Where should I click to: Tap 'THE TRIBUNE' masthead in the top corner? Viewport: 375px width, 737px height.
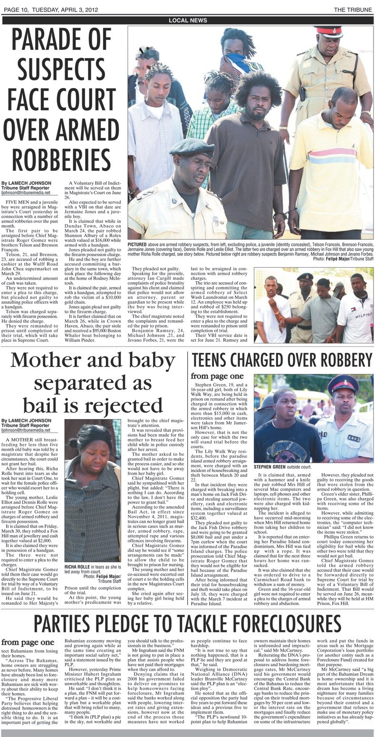[x=352, y=9]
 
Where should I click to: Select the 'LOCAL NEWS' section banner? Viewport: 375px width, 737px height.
[x=188, y=21]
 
